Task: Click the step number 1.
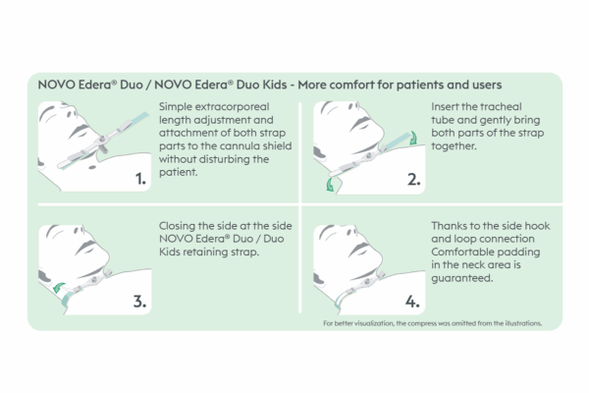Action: [140, 179]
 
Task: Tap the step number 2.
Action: [414, 180]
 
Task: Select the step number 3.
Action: [139, 302]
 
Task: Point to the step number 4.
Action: [412, 302]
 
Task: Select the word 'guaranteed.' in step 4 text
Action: [462, 278]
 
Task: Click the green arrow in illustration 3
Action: [59, 288]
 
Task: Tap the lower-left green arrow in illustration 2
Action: [330, 185]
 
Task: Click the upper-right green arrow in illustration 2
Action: [413, 138]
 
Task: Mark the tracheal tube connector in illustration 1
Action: [101, 142]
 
